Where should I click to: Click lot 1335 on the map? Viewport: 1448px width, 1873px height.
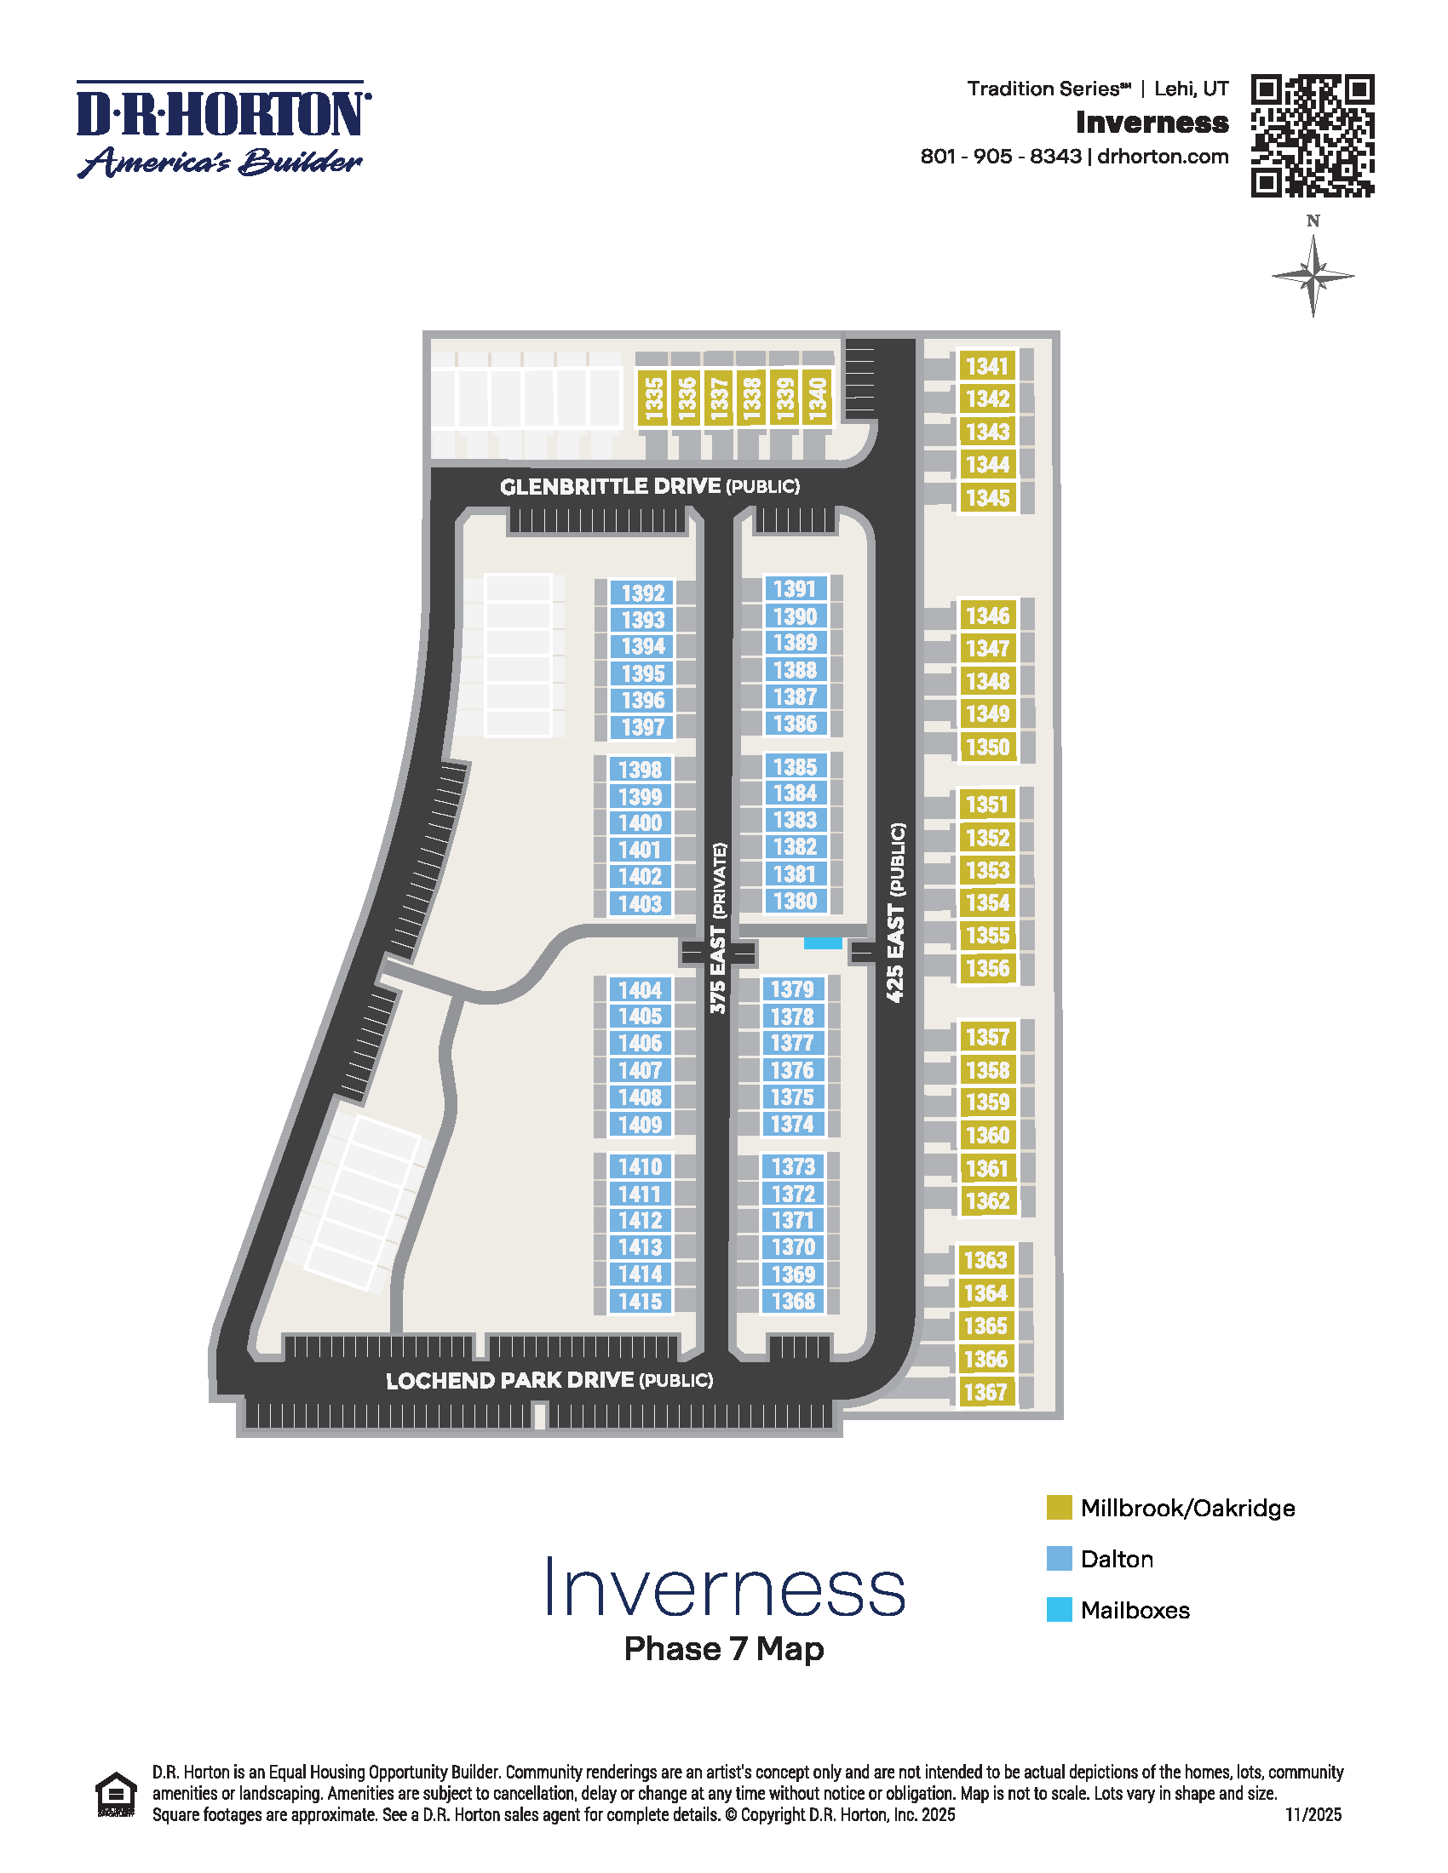[653, 398]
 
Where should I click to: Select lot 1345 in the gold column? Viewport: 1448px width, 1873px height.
[987, 497]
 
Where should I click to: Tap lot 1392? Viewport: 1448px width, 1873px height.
[642, 593]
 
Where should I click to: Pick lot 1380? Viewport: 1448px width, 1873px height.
[796, 902]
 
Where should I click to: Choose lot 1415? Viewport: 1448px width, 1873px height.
[640, 1301]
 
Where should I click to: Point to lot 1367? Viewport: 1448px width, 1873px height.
[985, 1391]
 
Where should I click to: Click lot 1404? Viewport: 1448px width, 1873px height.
[640, 989]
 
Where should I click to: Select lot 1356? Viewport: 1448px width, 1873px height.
[987, 968]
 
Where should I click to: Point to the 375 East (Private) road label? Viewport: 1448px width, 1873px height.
[718, 928]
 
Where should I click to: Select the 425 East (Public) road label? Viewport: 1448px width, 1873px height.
[894, 912]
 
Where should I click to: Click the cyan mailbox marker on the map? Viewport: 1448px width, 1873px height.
[822, 942]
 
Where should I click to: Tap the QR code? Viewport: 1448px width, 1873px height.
[1312, 135]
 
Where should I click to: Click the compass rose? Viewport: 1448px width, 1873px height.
[1313, 276]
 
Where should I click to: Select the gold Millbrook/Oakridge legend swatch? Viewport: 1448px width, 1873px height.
[1059, 1508]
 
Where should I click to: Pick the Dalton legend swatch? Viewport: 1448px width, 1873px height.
[1059, 1558]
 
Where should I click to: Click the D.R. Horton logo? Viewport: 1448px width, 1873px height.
[223, 129]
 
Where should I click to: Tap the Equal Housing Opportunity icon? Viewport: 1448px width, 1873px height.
[116, 1794]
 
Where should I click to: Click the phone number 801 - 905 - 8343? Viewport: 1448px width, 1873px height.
[1000, 156]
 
